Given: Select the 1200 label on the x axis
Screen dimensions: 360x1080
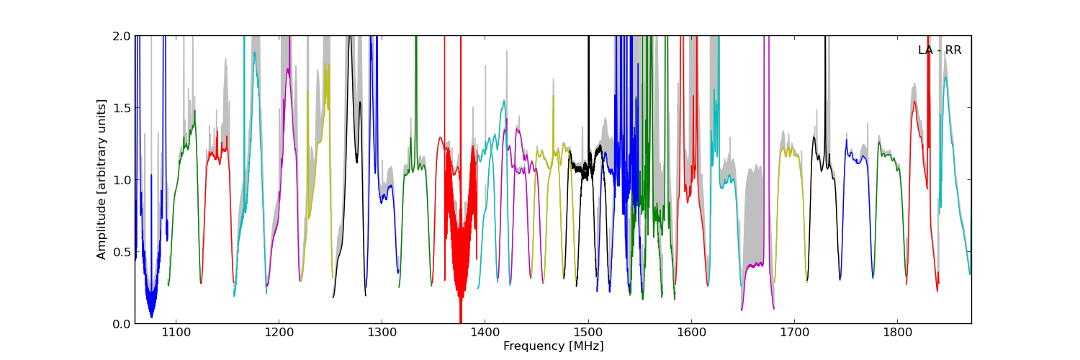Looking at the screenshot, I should point(279,333).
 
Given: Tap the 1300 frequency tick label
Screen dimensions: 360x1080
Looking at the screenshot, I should point(382,333).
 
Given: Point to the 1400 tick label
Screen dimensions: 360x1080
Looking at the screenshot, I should point(485,333).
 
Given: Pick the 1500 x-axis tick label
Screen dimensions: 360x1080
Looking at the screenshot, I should point(588,333).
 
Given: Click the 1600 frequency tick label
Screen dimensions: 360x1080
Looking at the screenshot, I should point(691,333).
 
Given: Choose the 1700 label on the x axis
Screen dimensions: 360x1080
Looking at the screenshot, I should point(794,333).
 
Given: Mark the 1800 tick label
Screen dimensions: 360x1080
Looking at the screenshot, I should point(897,333).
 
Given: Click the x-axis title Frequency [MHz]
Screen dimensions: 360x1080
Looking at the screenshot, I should point(553,346).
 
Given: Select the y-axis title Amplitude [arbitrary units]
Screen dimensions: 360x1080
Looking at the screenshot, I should point(102,179).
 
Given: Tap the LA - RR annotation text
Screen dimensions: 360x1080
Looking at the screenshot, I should point(940,50).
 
